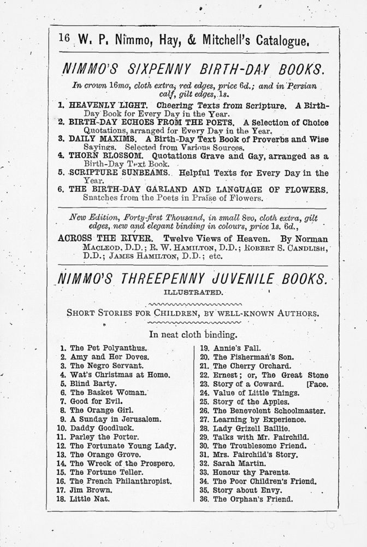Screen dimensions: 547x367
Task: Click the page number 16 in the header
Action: [x=64, y=39]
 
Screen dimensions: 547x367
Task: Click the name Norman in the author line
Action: [x=310, y=239]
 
